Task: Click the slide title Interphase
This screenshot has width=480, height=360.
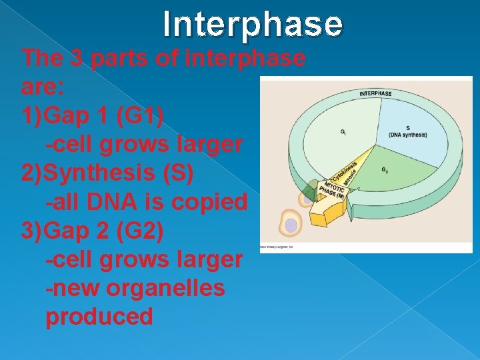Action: tap(253, 25)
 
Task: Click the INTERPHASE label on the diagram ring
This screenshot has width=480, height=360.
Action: tap(375, 93)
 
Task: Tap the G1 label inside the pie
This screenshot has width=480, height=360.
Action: tap(343, 132)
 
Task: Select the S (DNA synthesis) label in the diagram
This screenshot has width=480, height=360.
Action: tap(408, 132)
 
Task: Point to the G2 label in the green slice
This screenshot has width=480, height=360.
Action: tap(385, 171)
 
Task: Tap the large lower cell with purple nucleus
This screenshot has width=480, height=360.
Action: tap(291, 225)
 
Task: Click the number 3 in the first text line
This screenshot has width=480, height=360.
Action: tap(77, 58)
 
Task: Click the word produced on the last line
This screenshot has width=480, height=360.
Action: tap(99, 316)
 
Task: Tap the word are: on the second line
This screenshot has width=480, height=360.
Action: tap(42, 87)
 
